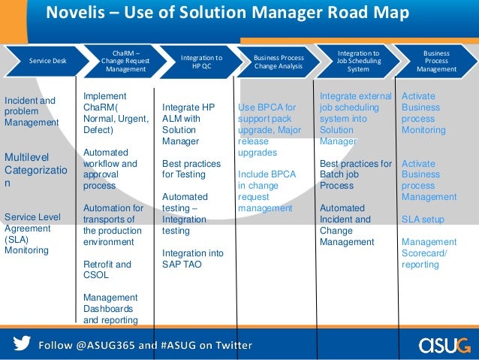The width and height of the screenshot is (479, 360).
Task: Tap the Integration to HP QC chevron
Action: pyautogui.click(x=202, y=62)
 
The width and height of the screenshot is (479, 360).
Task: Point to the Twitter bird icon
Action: pyautogui.click(x=23, y=344)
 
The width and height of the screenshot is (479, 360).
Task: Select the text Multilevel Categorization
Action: pyautogui.click(x=30, y=169)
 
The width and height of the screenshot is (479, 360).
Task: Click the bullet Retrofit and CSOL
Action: pyautogui.click(x=107, y=270)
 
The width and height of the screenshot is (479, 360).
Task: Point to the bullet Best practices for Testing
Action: pyautogui.click(x=191, y=169)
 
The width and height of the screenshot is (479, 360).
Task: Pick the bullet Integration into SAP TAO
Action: pyautogui.click(x=192, y=259)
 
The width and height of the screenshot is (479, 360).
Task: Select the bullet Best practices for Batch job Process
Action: pyautogui.click(x=356, y=174)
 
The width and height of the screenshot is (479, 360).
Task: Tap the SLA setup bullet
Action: pyautogui.click(x=423, y=219)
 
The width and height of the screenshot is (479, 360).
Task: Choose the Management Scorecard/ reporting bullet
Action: pyautogui.click(x=429, y=253)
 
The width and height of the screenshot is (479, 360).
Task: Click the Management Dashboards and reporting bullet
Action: pyautogui.click(x=110, y=308)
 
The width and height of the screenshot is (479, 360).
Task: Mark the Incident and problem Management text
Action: pyautogui.click(x=31, y=111)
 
